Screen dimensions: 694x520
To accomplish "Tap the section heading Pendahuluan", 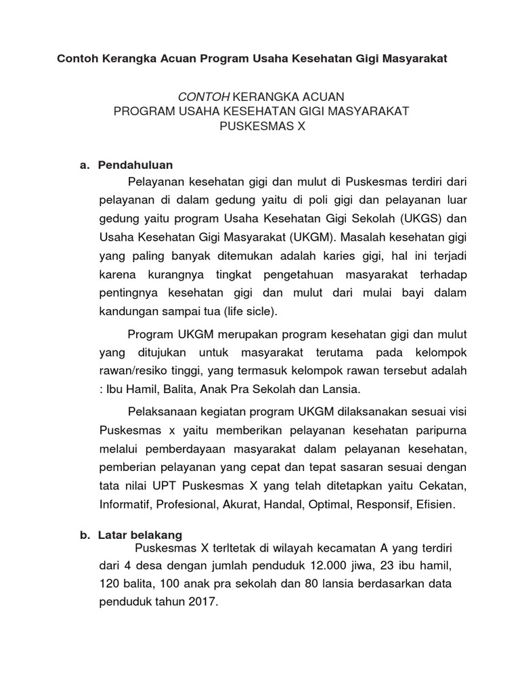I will point(135,165).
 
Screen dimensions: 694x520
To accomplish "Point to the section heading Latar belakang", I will point(140,535).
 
